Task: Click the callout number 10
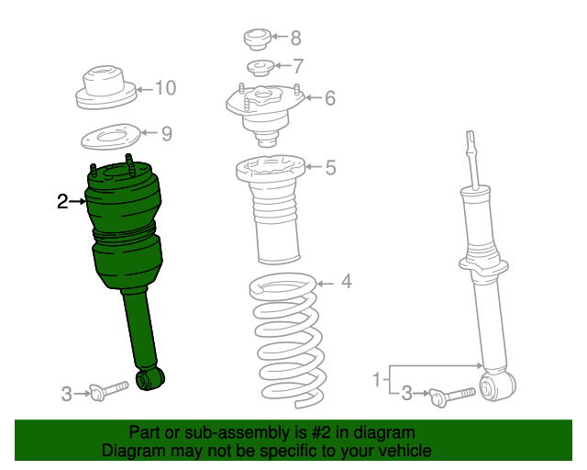[x=165, y=88]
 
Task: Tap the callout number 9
[x=166, y=134]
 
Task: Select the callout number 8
[x=294, y=39]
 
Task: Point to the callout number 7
[x=297, y=66]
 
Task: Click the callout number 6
[x=330, y=98]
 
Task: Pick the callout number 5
[x=330, y=167]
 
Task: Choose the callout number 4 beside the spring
[x=346, y=282]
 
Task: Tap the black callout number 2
[x=62, y=201]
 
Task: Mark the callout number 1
[x=376, y=378]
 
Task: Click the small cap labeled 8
[x=256, y=39]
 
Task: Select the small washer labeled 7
[x=261, y=67]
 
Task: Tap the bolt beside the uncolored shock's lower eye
[x=450, y=396]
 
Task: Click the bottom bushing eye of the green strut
[x=149, y=378]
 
